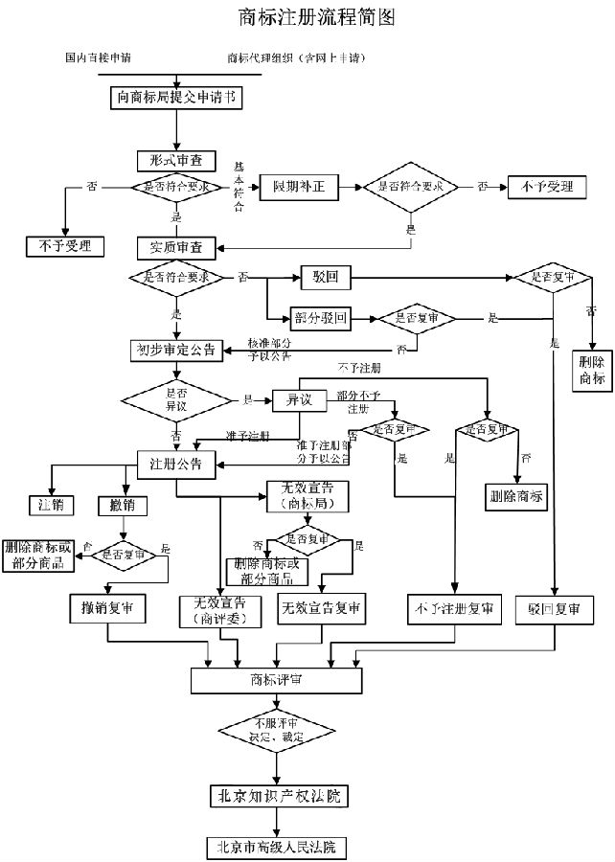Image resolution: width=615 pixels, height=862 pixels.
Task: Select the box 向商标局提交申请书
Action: click(x=176, y=97)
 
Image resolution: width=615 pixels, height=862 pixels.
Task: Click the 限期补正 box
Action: click(x=299, y=187)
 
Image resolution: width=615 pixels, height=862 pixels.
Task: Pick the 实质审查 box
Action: click(x=176, y=246)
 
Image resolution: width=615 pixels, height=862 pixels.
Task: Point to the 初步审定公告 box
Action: click(x=176, y=350)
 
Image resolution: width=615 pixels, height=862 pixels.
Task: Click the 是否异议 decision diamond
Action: click(x=176, y=398)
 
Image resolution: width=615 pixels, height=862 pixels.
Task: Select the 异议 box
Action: click(x=293, y=398)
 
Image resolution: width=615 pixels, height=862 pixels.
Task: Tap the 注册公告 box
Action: click(x=176, y=465)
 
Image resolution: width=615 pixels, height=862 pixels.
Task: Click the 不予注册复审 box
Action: click(x=454, y=607)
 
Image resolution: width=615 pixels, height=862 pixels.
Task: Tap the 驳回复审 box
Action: click(x=555, y=607)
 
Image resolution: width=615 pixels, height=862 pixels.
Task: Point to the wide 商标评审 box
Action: click(x=277, y=679)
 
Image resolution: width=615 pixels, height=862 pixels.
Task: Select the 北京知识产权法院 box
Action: click(x=277, y=796)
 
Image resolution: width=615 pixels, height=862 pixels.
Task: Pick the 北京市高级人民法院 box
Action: click(x=277, y=847)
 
